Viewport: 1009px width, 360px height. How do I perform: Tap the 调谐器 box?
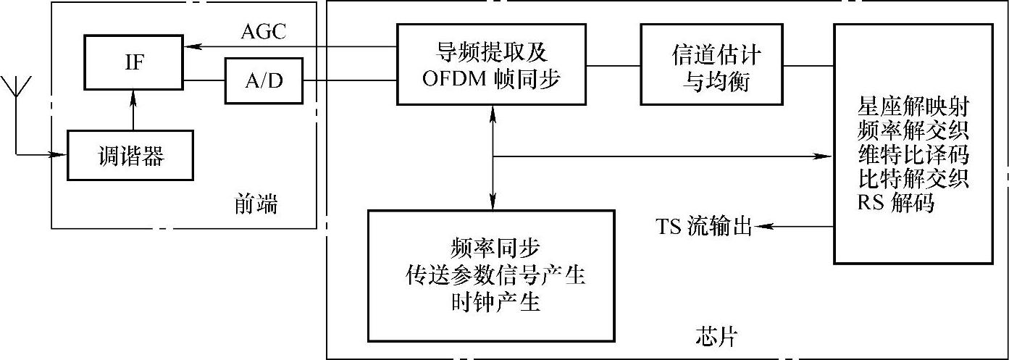(x=130, y=155)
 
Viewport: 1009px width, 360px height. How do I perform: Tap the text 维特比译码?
(x=913, y=156)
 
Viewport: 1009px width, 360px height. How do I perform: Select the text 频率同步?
(x=490, y=248)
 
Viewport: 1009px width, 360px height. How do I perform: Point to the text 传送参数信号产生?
(x=490, y=275)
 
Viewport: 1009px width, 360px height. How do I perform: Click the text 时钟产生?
(x=490, y=302)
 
